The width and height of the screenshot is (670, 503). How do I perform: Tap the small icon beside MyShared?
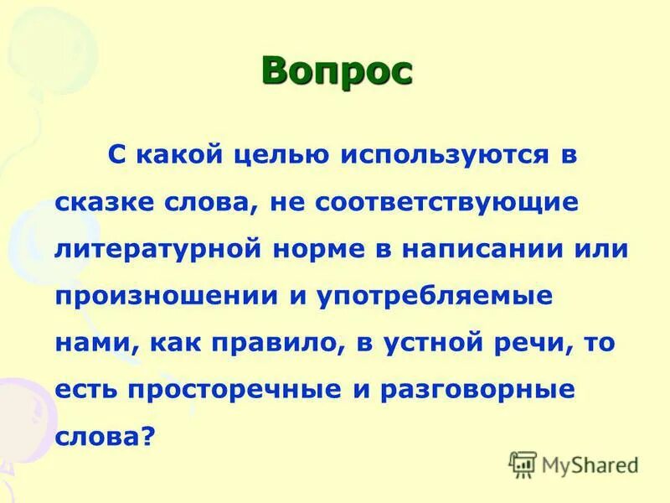click(x=523, y=463)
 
